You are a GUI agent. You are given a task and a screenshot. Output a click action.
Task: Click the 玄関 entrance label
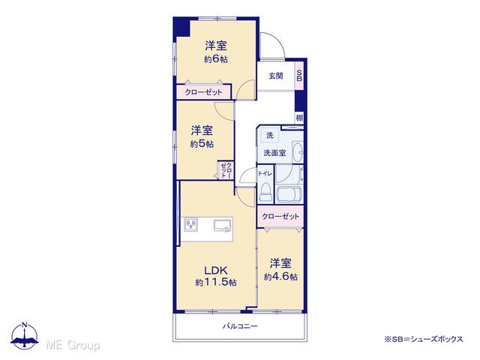point(276,76)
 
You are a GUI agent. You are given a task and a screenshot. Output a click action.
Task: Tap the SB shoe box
point(299,76)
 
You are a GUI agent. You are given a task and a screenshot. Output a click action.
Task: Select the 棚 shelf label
point(299,118)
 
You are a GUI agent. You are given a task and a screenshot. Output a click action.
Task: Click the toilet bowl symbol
point(265,192)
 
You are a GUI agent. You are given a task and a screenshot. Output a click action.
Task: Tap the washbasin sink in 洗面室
point(298,151)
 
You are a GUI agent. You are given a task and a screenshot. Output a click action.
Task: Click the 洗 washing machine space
point(270,135)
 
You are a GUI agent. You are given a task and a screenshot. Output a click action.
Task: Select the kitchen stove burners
point(191,224)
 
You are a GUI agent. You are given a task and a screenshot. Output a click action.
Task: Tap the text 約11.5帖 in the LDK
point(216,282)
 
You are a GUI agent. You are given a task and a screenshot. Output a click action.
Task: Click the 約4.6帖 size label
point(280,277)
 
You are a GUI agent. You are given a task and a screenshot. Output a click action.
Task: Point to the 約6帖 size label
point(216,58)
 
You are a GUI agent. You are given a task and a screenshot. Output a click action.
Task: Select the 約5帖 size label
point(202,143)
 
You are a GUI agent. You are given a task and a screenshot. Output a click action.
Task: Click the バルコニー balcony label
point(240,326)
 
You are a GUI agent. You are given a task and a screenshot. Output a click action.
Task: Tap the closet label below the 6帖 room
point(203,91)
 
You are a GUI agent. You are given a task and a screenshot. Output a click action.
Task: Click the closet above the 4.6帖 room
point(280,217)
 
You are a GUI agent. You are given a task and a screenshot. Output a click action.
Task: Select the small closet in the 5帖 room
point(226,170)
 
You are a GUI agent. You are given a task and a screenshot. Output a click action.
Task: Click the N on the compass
point(25,325)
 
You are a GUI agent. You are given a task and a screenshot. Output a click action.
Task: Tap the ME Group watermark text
point(73,345)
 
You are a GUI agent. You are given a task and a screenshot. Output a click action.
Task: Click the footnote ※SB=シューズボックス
point(424,339)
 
